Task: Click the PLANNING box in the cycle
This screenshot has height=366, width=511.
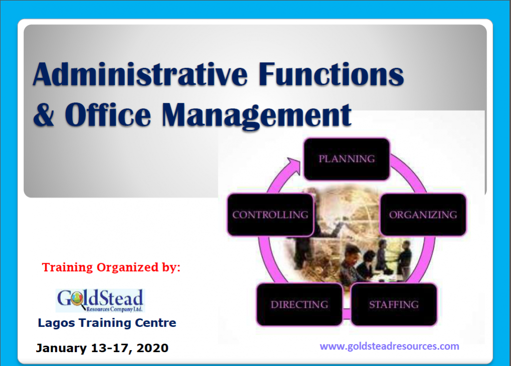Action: (347, 159)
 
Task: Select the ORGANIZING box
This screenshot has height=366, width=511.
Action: (423, 215)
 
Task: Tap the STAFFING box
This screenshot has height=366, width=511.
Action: (394, 304)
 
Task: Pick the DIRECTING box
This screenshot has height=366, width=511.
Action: (299, 304)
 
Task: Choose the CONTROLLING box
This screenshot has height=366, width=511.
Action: (270, 215)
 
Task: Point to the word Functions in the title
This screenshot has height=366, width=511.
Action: (331, 74)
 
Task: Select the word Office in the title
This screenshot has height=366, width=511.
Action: (108, 115)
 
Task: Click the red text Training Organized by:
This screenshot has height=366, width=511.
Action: (111, 267)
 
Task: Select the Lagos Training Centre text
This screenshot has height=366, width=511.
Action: (107, 323)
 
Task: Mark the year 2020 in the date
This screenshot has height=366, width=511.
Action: (152, 348)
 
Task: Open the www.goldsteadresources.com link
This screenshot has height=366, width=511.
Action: (389, 346)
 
